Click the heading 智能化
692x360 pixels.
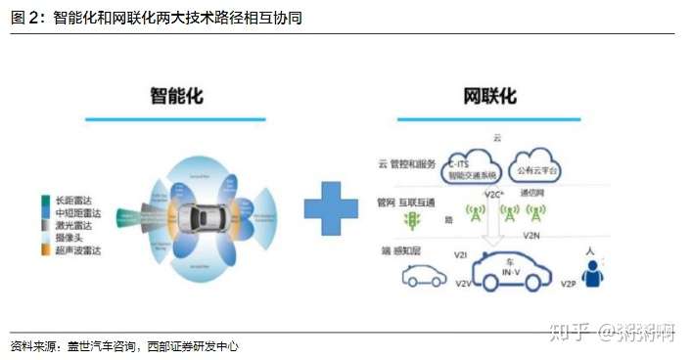click(176, 96)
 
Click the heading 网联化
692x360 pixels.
click(488, 96)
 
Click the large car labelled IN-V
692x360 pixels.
click(509, 271)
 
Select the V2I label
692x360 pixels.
click(460, 254)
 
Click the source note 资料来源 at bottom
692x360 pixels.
click(124, 346)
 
